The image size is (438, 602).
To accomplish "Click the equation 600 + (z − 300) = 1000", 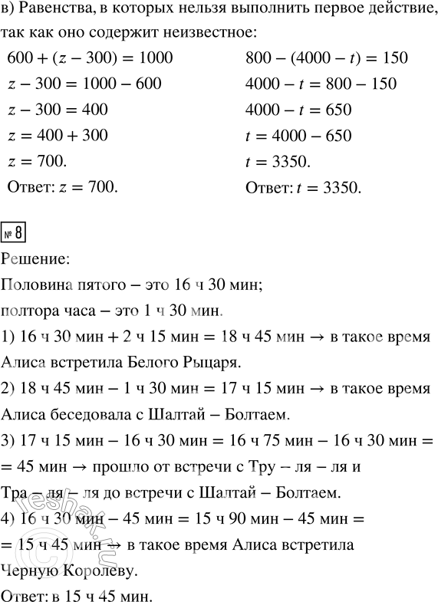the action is coord(89,58).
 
